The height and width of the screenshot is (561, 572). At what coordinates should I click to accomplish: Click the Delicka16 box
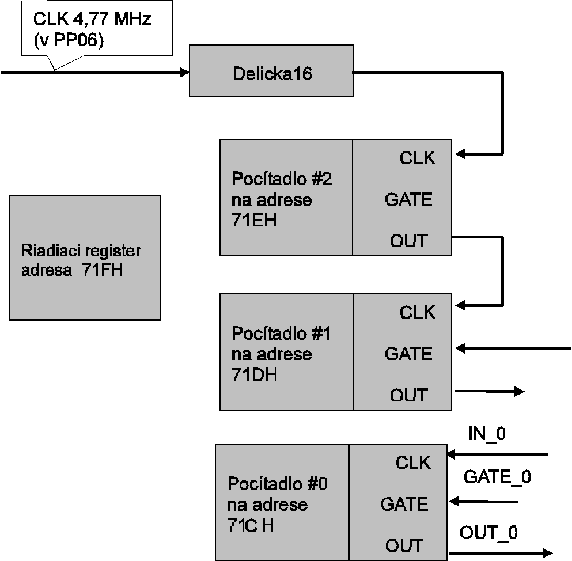271,74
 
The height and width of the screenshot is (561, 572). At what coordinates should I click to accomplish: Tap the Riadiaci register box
84,257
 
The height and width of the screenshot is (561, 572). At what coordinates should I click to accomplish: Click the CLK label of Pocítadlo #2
418,158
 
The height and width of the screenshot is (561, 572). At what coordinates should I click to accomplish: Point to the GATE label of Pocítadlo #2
408,199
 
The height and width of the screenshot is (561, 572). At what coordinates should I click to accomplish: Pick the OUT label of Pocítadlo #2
409,241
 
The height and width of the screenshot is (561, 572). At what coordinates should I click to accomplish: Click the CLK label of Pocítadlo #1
418,312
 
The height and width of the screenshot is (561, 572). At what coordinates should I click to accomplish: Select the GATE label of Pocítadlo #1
408,354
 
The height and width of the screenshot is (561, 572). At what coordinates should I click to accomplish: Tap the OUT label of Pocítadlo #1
409,395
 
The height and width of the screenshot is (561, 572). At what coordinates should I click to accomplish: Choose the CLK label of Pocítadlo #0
413,462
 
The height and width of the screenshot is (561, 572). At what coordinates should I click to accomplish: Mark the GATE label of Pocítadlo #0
404,505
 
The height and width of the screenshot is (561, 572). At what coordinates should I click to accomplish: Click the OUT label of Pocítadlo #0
404,545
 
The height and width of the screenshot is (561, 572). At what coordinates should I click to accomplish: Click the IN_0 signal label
487,434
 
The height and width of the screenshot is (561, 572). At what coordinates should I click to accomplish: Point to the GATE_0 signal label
497,477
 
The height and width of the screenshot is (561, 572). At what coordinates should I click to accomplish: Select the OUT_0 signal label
488,532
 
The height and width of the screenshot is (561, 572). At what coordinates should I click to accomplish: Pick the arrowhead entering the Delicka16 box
184,73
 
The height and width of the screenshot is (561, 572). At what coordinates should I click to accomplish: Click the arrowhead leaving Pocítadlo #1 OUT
519,392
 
